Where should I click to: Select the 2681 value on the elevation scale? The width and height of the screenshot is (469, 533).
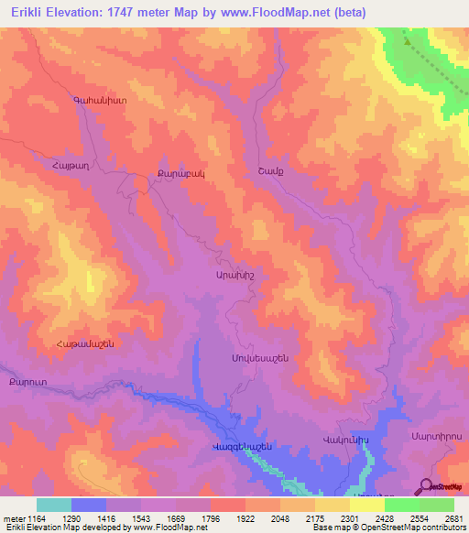[x=453, y=517]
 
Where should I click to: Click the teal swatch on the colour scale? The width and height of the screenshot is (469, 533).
[x=54, y=505]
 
